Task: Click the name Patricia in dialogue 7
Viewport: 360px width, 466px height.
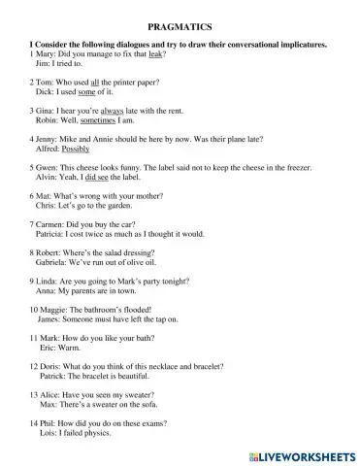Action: (x=37, y=234)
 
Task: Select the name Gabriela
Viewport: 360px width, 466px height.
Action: (x=38, y=262)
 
